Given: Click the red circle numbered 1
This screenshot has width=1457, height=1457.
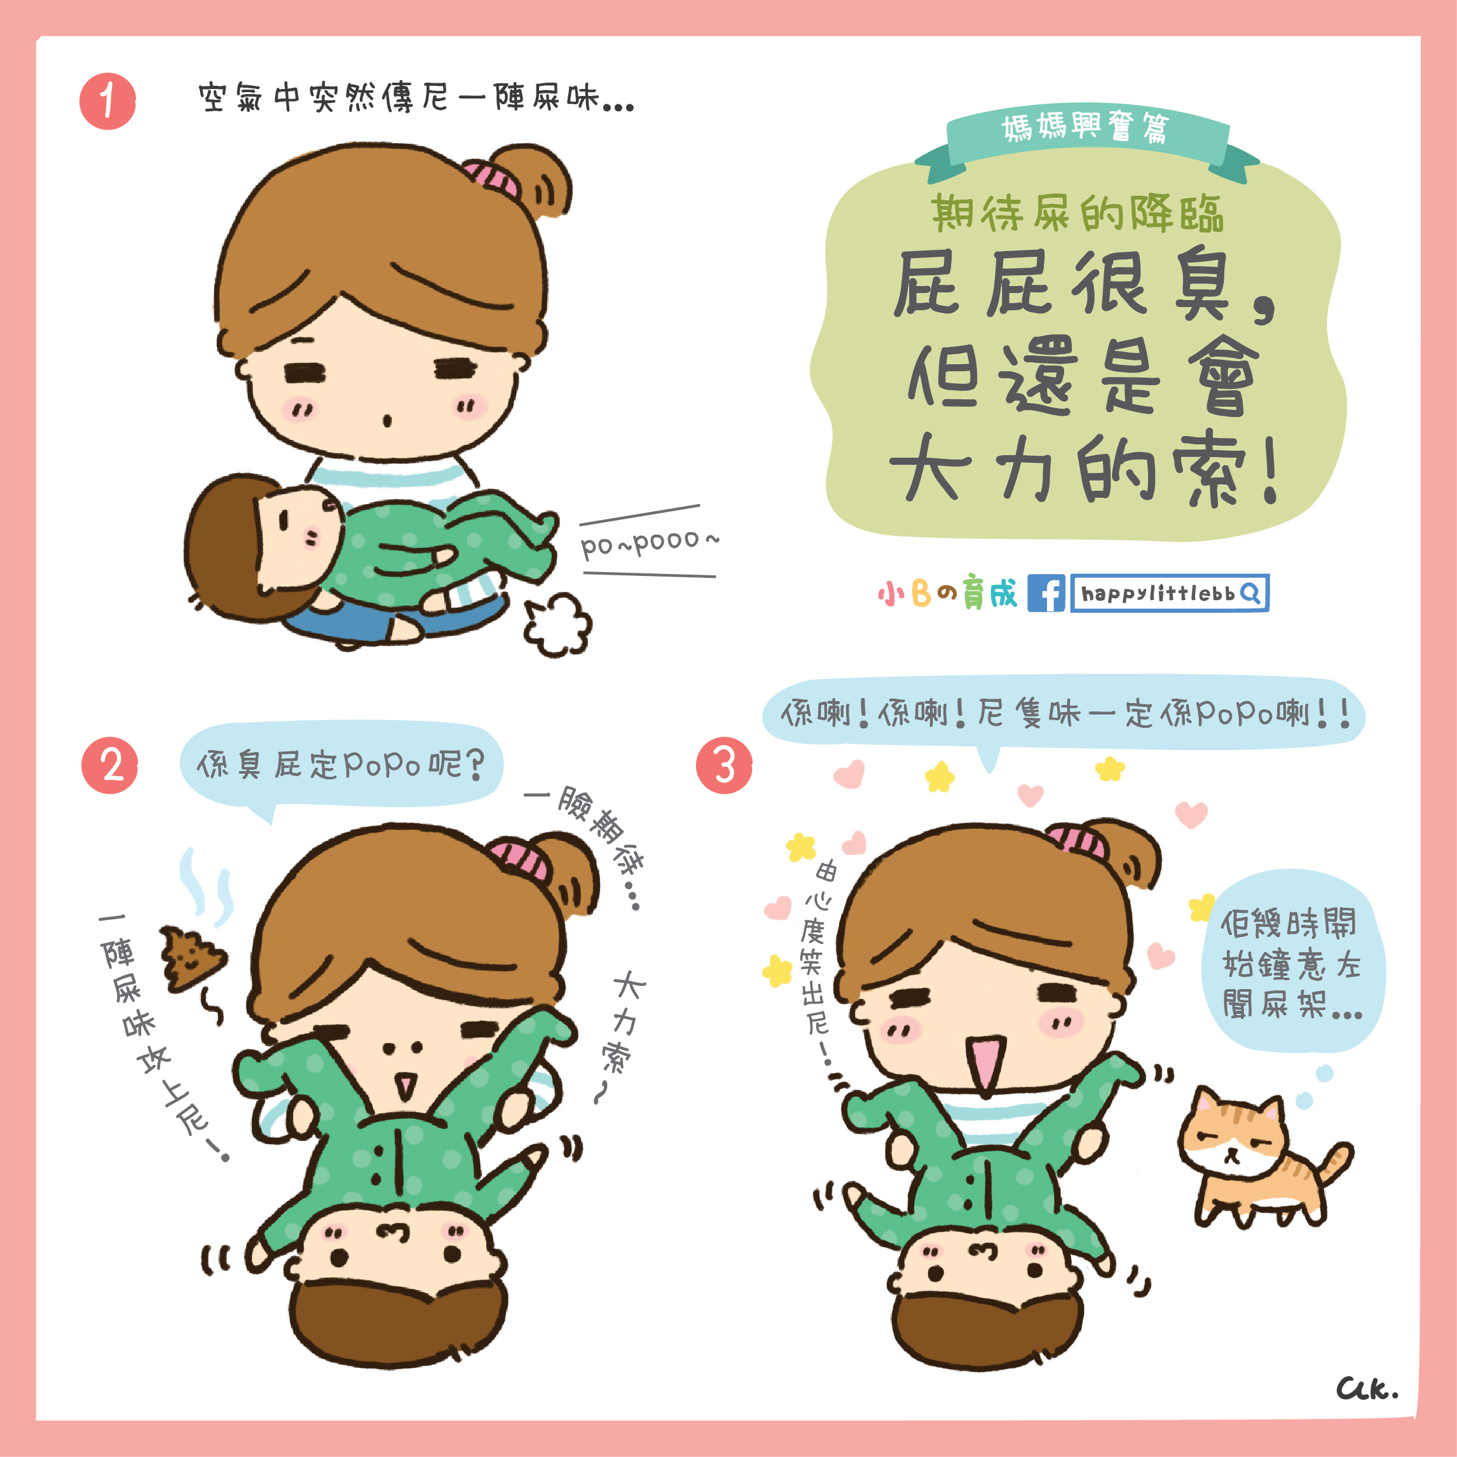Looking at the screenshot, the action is (108, 101).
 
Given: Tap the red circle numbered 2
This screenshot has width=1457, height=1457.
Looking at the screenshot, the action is (110, 765).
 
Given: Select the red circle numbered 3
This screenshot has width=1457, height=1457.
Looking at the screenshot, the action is (724, 765).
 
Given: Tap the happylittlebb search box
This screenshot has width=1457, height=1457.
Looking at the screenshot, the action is (1170, 592).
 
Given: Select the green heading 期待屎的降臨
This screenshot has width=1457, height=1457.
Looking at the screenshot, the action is (1076, 214).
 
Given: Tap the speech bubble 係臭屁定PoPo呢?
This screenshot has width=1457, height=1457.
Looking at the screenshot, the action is (341, 765).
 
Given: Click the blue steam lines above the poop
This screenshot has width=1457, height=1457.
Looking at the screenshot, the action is (207, 886).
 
